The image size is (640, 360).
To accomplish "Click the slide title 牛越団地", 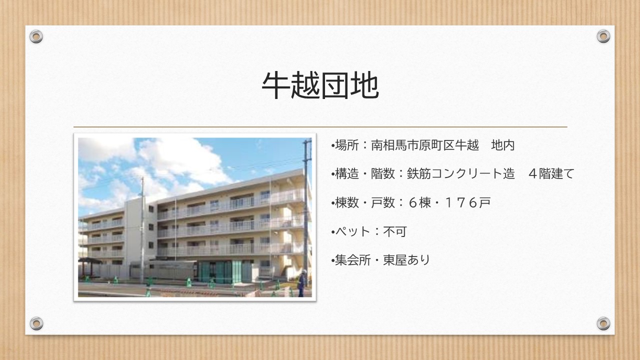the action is [320, 85].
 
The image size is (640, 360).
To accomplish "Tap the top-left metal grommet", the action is [36, 36].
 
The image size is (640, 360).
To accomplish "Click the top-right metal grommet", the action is [603, 36].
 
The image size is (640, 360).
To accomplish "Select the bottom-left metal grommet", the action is [36, 323].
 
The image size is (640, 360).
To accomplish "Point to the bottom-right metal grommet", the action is [603, 323].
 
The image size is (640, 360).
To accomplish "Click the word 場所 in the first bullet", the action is [347, 145].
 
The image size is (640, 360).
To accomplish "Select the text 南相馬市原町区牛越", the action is [425, 145].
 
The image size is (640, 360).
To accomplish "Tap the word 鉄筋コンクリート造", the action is [461, 173].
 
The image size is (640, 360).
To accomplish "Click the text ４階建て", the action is [551, 173].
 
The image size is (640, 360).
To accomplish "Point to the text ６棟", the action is [419, 202].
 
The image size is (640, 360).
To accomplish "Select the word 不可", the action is [395, 231].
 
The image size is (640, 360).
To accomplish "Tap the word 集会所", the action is [353, 260].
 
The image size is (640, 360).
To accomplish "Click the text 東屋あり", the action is [406, 260].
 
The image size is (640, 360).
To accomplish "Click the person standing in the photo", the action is [301, 283].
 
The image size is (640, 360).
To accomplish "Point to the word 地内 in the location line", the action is [503, 145].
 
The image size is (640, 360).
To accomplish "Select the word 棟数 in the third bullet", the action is [347, 202].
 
